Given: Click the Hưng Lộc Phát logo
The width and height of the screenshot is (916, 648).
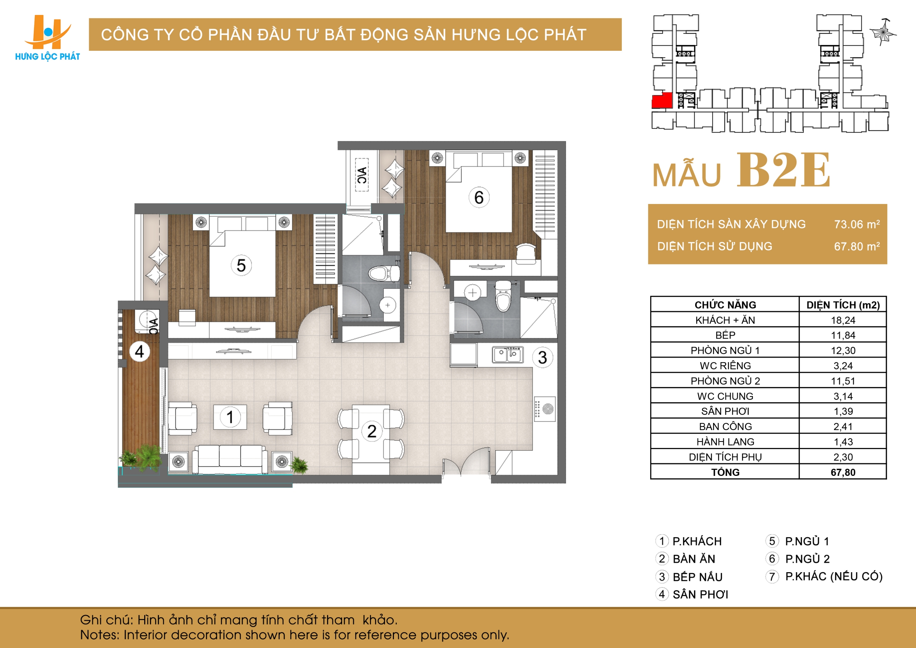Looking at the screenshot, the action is pyautogui.click(x=48, y=38).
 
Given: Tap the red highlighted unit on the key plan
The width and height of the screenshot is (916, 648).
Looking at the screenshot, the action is pyautogui.click(x=662, y=101).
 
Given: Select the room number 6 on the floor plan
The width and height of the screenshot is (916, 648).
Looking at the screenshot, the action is pyautogui.click(x=479, y=198).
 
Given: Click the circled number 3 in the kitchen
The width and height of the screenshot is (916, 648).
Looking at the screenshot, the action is pyautogui.click(x=542, y=357).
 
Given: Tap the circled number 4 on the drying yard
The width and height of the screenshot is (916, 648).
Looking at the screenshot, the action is pyautogui.click(x=140, y=351).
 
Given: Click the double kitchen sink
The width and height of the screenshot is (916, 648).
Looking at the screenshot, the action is pyautogui.click(x=507, y=354).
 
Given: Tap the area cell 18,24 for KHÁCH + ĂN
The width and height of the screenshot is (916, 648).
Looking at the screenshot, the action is pyautogui.click(x=843, y=320).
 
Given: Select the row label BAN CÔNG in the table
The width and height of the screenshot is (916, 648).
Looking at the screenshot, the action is pyautogui.click(x=725, y=427).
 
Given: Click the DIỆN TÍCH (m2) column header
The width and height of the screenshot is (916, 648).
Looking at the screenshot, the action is pyautogui.click(x=843, y=305).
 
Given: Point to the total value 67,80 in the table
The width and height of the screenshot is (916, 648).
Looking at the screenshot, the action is pyautogui.click(x=843, y=472).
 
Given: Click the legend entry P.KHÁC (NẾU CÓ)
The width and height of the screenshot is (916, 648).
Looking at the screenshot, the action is pyautogui.click(x=833, y=576).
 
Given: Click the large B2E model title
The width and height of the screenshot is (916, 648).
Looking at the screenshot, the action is pyautogui.click(x=783, y=170).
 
